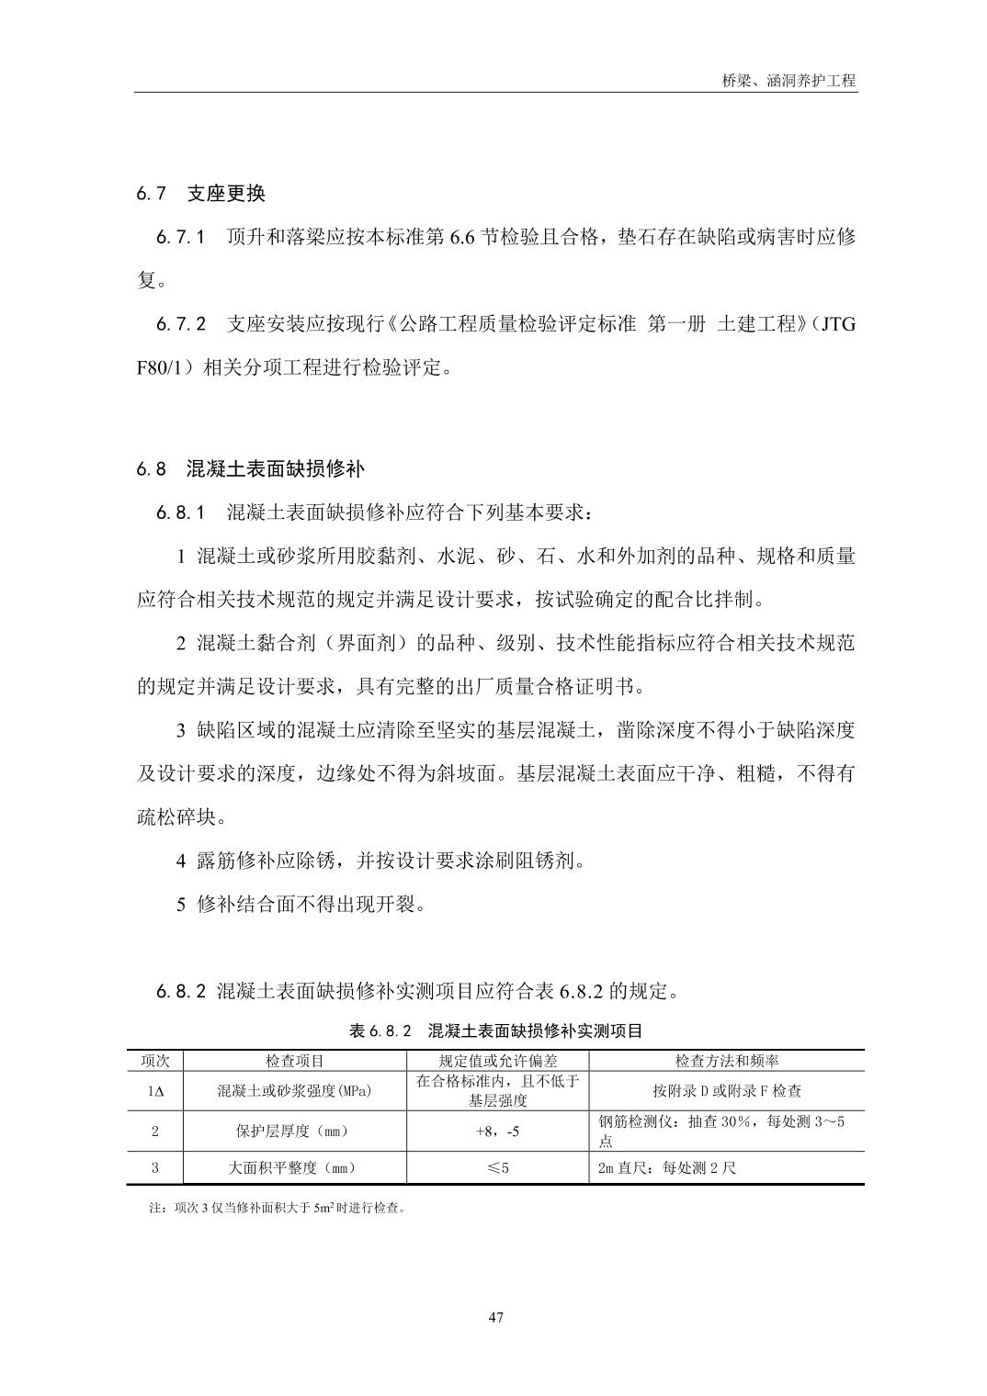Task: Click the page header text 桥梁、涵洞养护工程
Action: coord(788,80)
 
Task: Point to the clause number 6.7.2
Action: coord(181,324)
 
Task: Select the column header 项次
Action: coord(155,1061)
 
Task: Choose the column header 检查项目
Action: coord(294,1061)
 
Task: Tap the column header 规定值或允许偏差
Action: coord(497,1061)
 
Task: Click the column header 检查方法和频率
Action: coord(726,1061)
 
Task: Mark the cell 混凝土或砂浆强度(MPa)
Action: coord(294,1091)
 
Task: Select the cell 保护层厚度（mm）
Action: coord(294,1131)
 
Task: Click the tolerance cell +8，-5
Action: coord(497,1131)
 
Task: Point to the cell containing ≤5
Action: coord(497,1168)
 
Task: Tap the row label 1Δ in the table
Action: coord(155,1091)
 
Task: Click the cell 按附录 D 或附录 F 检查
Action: coord(726,1091)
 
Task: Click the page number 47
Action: coord(495,1318)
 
